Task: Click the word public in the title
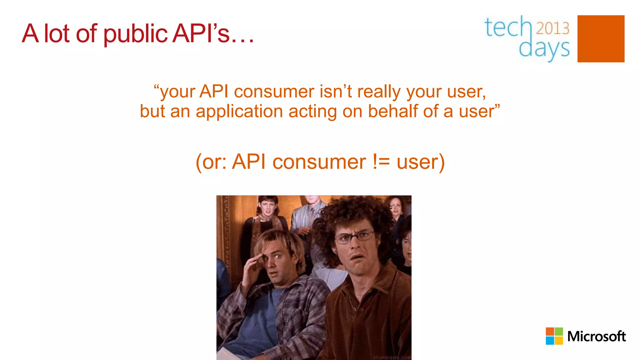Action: [135, 34]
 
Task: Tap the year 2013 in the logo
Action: [553, 28]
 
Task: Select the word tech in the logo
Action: [508, 27]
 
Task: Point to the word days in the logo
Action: [544, 48]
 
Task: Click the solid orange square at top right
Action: [601, 39]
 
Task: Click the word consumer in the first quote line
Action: [274, 92]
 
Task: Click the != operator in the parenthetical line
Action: [381, 162]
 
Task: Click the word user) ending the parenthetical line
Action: [421, 162]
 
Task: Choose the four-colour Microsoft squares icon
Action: [554, 336]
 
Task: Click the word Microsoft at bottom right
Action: [596, 337]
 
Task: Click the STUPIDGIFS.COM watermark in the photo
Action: [392, 357]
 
